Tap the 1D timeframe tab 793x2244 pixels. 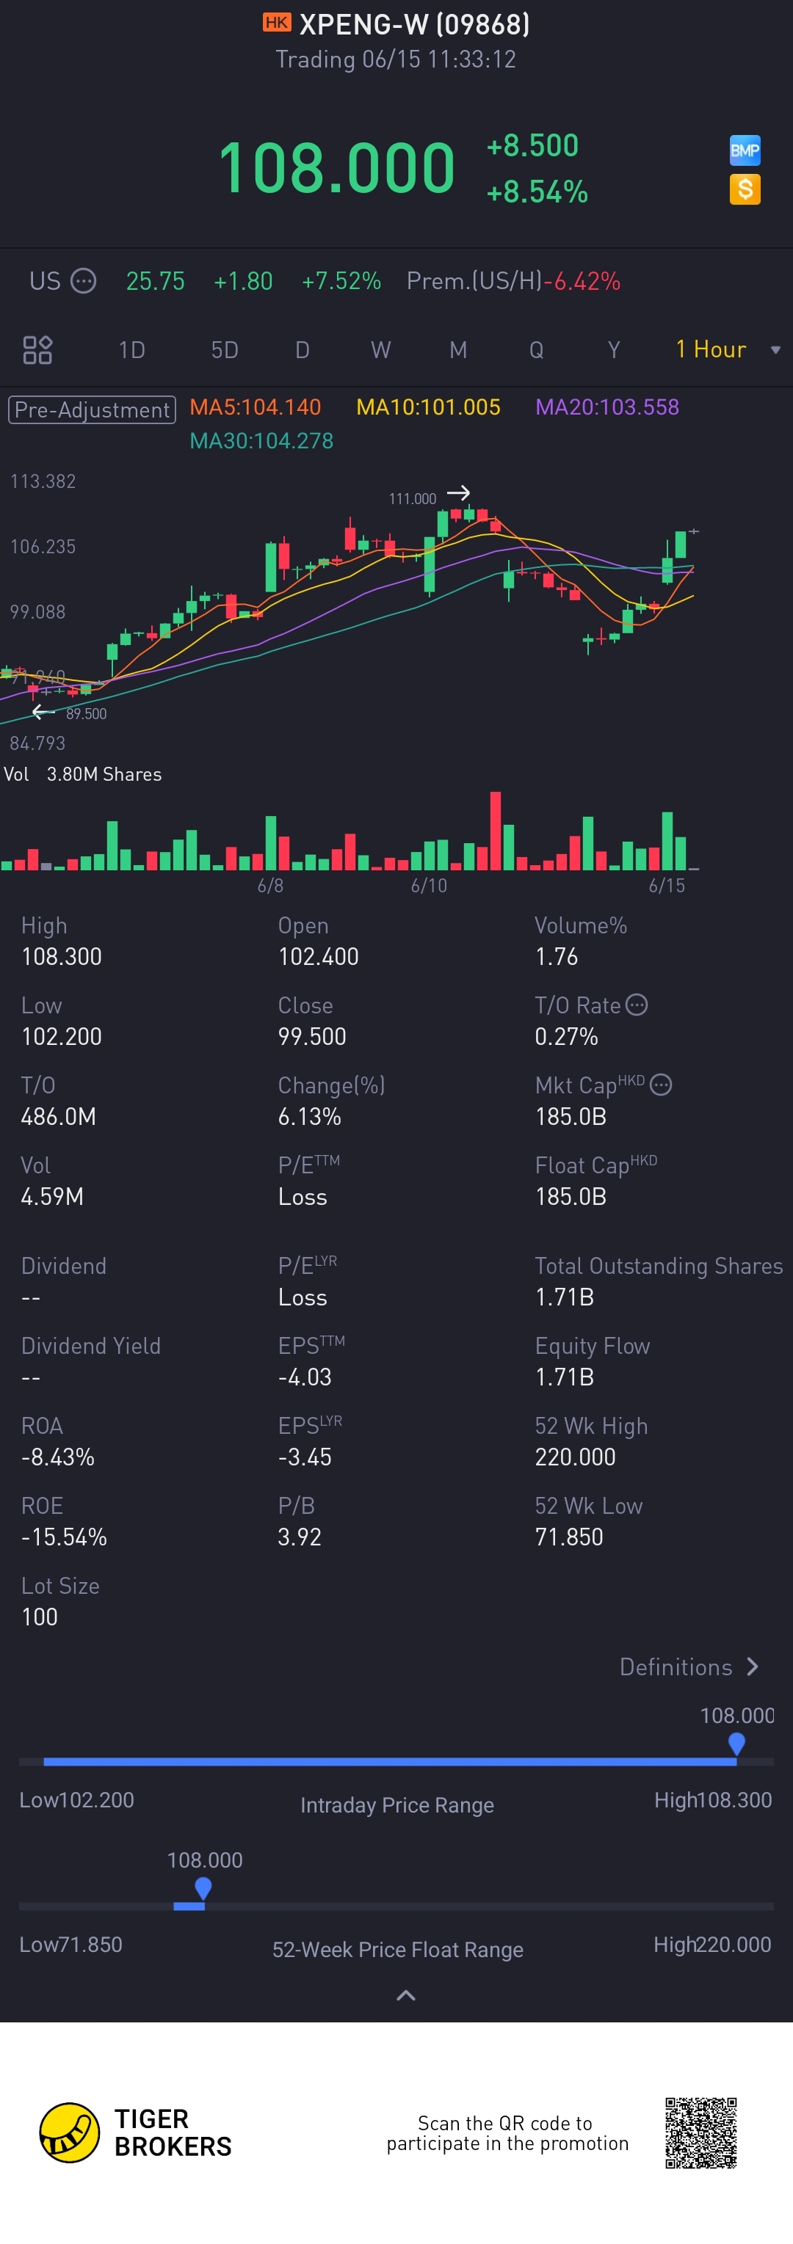[x=131, y=350]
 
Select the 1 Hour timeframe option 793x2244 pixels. [x=711, y=349]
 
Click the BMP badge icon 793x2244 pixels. [x=745, y=150]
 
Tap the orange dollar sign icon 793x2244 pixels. [x=745, y=189]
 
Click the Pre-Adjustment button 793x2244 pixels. [x=93, y=409]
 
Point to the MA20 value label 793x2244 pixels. [x=606, y=407]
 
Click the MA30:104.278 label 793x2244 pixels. [x=261, y=441]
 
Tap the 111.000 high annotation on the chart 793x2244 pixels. [x=412, y=498]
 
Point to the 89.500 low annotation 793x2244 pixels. [x=86, y=713]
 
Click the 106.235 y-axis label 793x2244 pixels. [x=43, y=546]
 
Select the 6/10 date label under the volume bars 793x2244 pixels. [x=429, y=885]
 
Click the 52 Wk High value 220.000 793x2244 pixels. [x=575, y=1457]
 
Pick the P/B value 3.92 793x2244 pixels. [x=299, y=1537]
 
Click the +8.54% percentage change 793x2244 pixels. [x=537, y=192]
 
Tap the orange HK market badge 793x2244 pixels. [x=276, y=23]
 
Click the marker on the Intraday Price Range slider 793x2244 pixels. [x=736, y=1743]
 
